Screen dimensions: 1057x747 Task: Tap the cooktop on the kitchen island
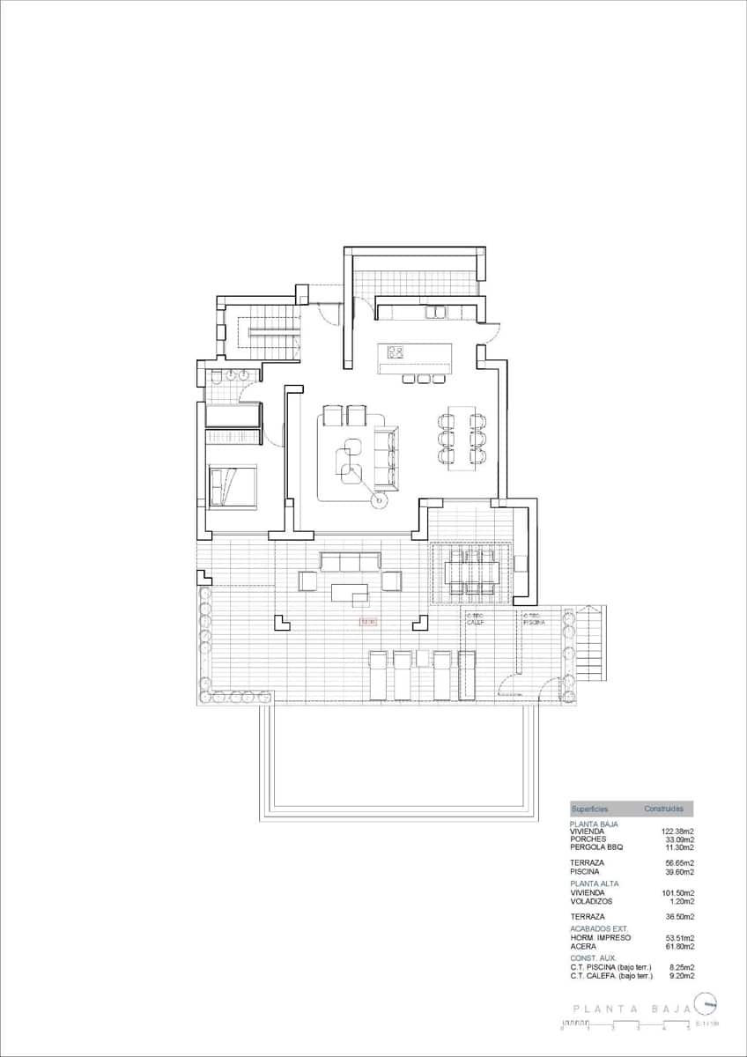396,354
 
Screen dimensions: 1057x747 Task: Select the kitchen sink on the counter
436,311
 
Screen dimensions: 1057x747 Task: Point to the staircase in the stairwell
274,332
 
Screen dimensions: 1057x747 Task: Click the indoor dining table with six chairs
462,438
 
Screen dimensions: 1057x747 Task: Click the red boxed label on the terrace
368,622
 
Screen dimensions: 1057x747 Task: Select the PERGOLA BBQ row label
596,847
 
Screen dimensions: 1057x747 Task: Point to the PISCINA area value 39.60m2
677,871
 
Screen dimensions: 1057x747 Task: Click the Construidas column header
663,809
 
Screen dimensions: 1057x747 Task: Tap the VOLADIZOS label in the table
591,902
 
